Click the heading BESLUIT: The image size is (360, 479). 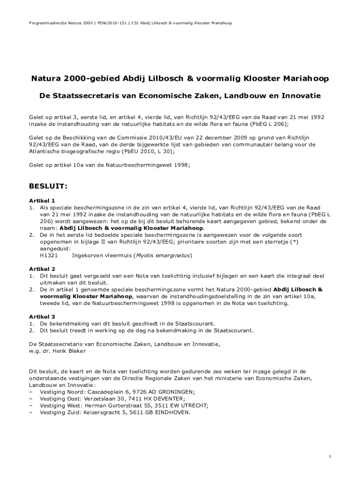click(x=49, y=187)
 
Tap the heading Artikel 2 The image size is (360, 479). click(x=42, y=269)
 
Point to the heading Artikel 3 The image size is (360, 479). click(x=42, y=317)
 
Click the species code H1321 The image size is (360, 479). click(x=49, y=256)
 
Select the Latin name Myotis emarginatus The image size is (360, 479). click(x=163, y=256)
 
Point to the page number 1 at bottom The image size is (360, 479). click(x=330, y=456)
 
